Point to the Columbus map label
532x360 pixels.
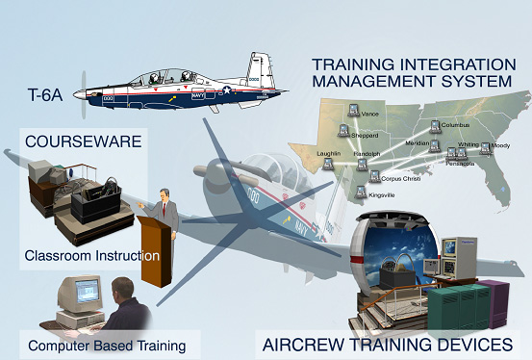[460, 125]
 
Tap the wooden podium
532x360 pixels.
[152, 250]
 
